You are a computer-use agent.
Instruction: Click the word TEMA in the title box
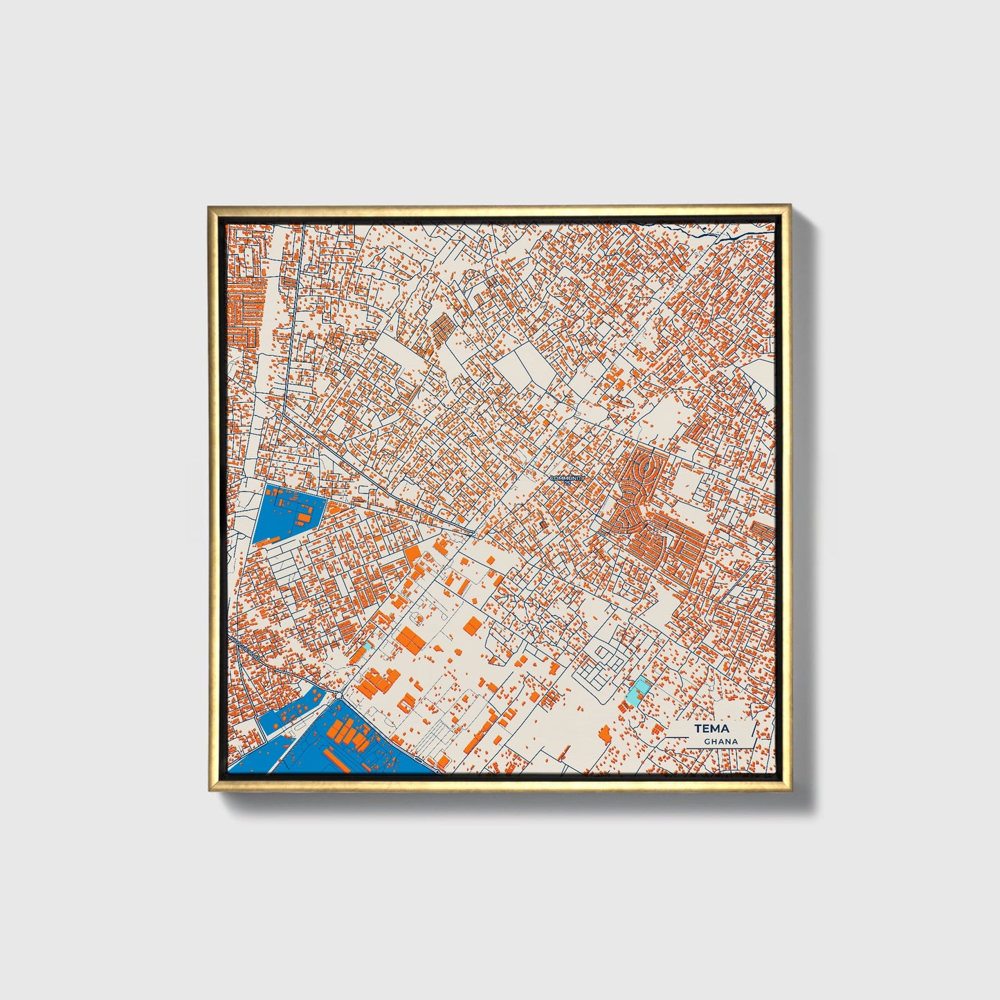pyautogui.click(x=711, y=729)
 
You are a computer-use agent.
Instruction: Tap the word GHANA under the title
pyautogui.click(x=720, y=741)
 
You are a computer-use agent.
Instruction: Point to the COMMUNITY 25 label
pyautogui.click(x=567, y=478)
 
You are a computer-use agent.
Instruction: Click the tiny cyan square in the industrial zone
pyautogui.click(x=371, y=644)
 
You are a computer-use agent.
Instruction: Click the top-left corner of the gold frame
pyautogui.click(x=210, y=208)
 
